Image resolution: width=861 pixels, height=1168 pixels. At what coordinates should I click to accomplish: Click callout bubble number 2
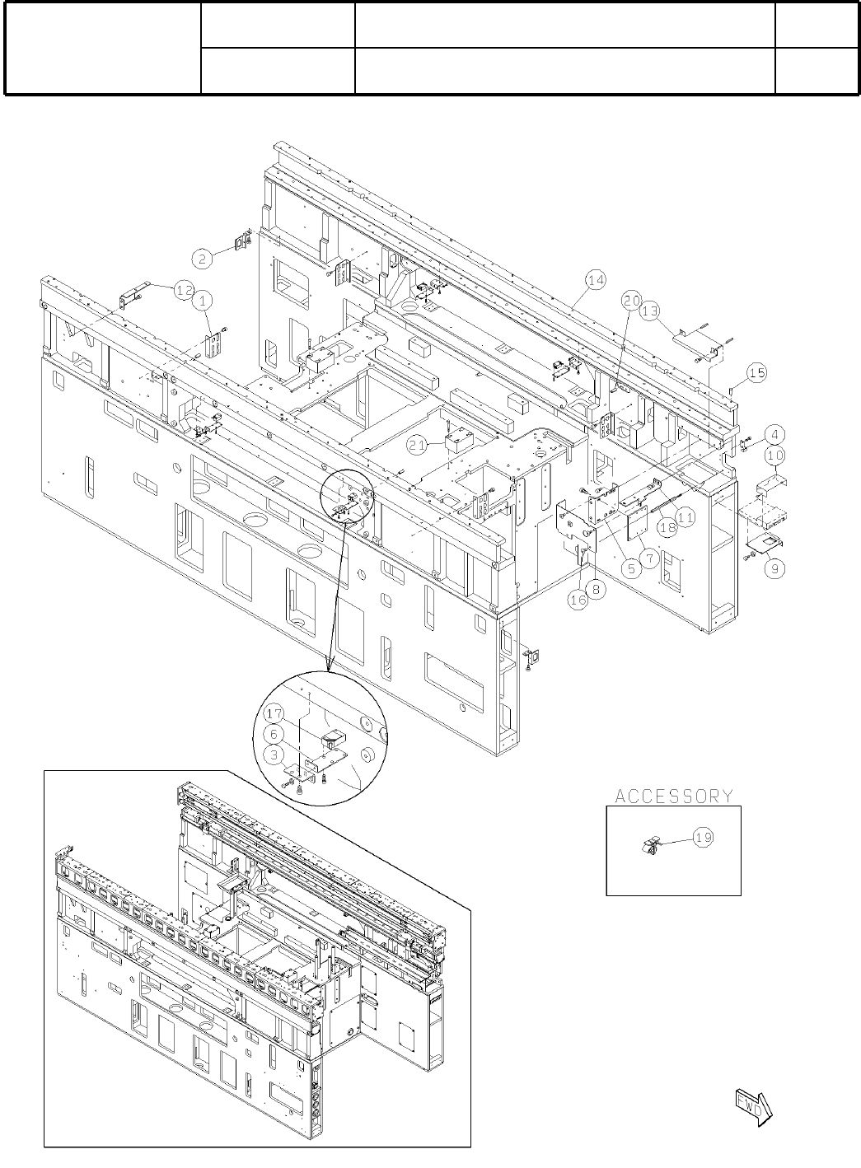[203, 258]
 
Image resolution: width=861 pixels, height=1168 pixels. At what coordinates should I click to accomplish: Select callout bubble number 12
[184, 289]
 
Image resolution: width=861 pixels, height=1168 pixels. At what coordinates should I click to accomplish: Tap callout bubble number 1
[203, 301]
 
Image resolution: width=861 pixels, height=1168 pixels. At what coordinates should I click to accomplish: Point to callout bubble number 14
[596, 281]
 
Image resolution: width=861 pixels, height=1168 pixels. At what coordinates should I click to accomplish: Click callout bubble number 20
[631, 301]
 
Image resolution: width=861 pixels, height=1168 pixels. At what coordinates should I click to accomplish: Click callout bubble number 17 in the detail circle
[274, 713]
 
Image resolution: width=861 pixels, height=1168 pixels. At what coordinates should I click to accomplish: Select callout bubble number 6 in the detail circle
[274, 732]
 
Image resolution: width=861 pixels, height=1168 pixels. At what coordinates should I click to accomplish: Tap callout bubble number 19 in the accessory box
[703, 837]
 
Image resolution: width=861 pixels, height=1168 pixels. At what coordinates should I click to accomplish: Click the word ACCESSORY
[674, 796]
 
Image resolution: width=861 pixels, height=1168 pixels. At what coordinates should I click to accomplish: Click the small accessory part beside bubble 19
[651, 844]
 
